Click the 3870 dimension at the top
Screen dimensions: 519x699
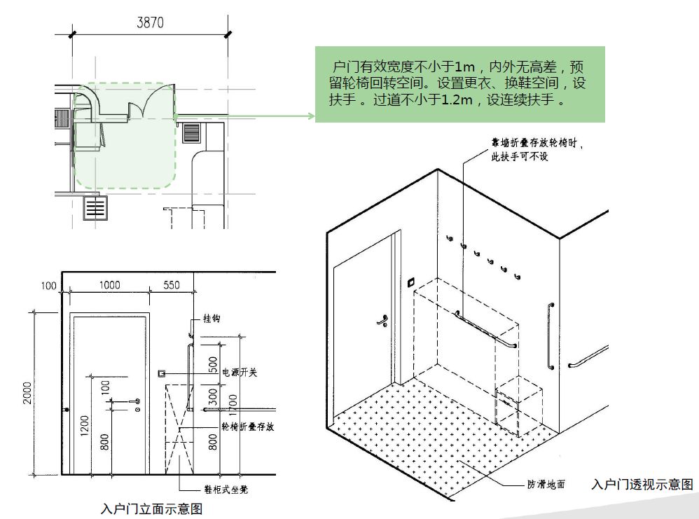pos(149,22)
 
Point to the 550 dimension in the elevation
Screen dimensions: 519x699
pos(171,285)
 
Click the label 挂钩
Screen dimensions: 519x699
pos(212,318)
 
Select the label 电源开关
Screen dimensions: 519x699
pos(239,373)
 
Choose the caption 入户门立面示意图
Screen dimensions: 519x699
pos(151,508)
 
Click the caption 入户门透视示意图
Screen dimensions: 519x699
pos(642,485)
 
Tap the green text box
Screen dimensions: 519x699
pos(459,84)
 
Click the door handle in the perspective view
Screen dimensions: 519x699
pos(383,322)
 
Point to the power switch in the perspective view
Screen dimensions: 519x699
pos(411,283)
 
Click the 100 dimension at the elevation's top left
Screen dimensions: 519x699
pos(48,285)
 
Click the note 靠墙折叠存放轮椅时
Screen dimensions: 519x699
pos(537,142)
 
